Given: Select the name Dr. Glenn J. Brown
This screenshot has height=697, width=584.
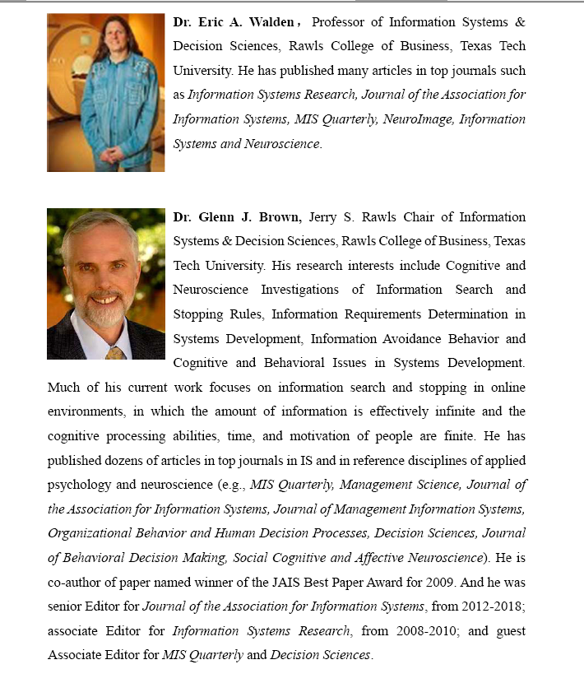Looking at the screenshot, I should point(238,217).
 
